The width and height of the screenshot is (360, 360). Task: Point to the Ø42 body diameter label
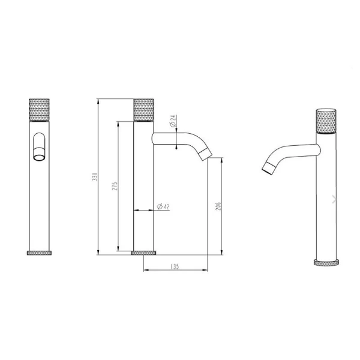point(163,207)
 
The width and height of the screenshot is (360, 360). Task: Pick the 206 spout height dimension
point(220,205)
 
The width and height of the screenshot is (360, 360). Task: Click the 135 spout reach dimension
point(176,266)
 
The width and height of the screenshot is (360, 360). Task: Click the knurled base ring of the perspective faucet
point(326,262)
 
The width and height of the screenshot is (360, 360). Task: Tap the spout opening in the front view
point(40,157)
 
